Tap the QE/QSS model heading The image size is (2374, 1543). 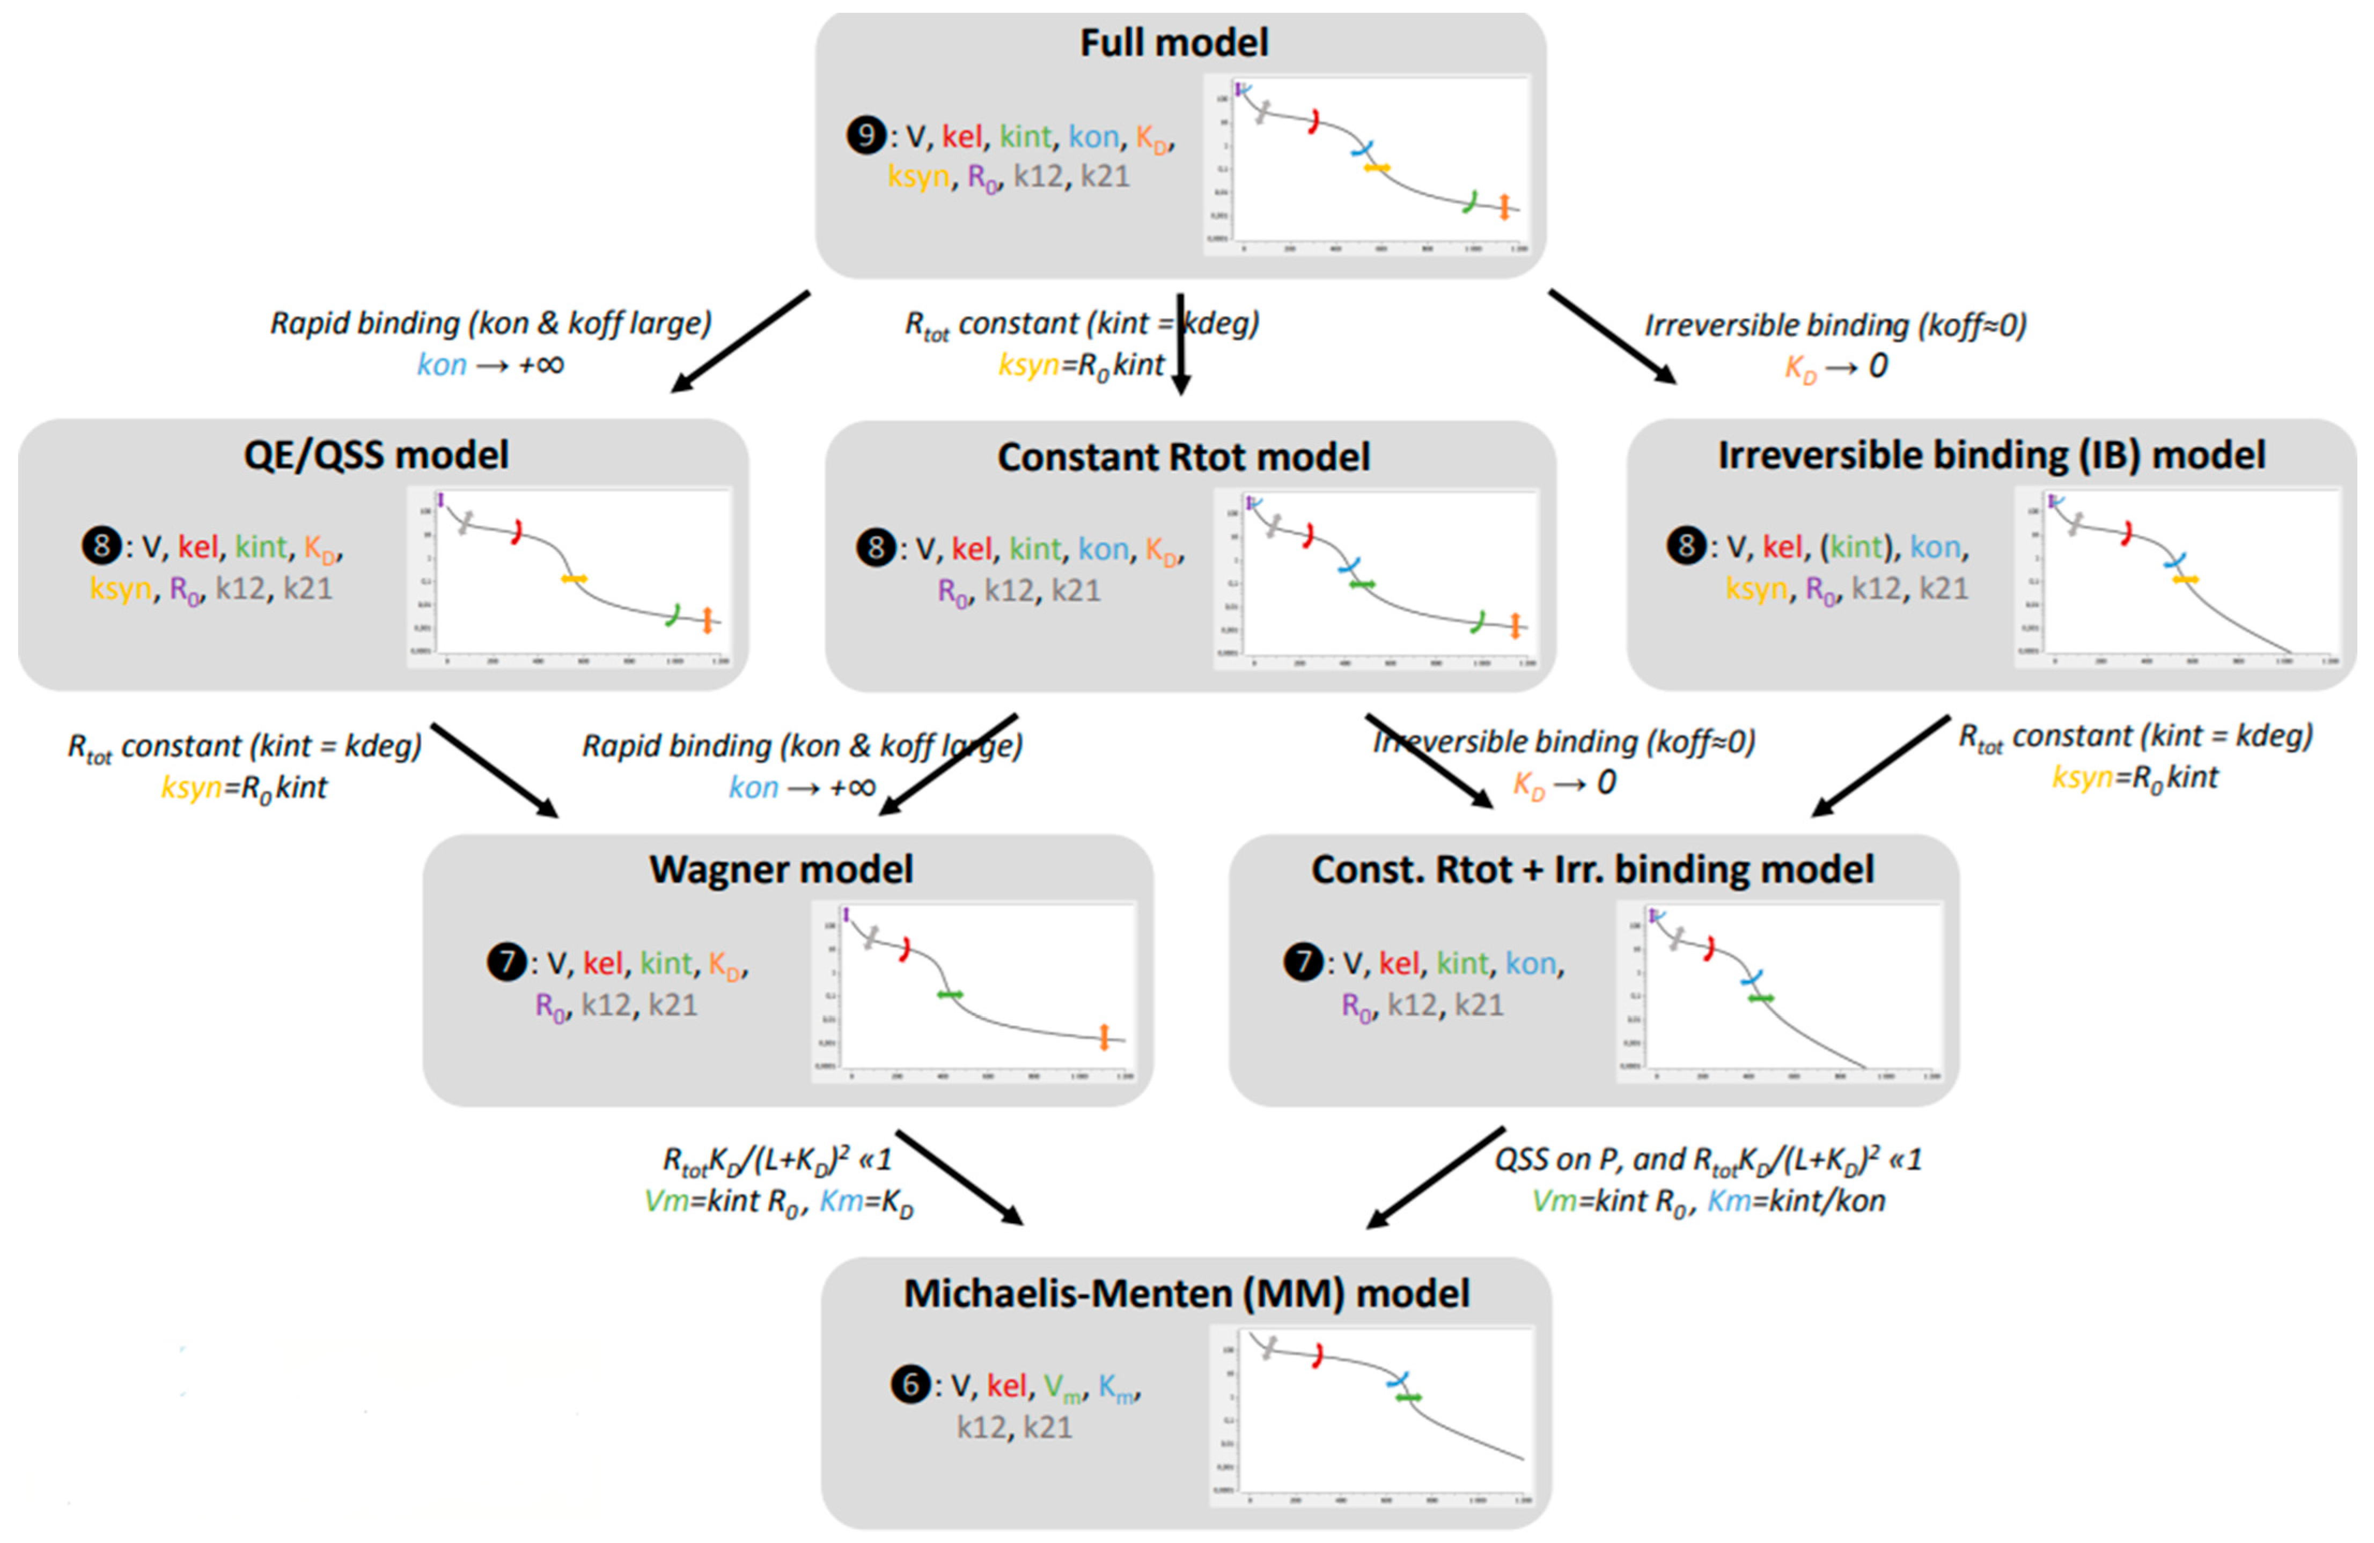click(376, 455)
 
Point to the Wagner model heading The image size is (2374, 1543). click(781, 869)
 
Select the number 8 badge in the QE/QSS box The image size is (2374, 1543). click(101, 546)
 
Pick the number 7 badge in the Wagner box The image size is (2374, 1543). click(506, 961)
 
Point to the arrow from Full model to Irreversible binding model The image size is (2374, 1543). click(1612, 337)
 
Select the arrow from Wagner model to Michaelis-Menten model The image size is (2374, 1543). click(960, 1177)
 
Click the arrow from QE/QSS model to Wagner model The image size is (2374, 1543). click(495, 770)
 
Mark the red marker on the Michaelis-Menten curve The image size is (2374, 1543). click(1318, 1355)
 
